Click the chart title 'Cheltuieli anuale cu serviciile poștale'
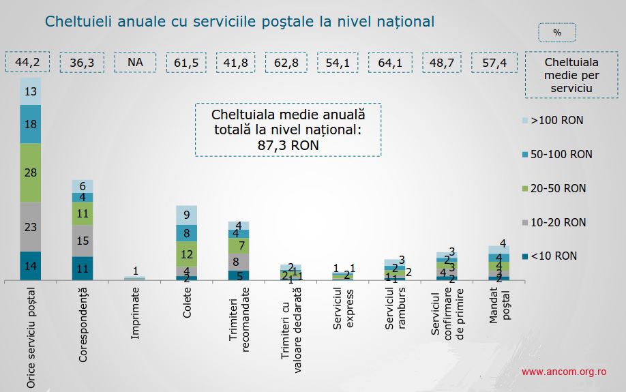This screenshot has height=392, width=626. tap(239, 21)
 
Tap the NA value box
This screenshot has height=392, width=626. tap(135, 62)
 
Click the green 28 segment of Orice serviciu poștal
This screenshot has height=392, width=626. tap(30, 172)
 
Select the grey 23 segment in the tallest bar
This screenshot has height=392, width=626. tap(30, 227)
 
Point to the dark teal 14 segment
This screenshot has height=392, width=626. tap(30, 266)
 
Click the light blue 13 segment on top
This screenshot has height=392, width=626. tap(30, 91)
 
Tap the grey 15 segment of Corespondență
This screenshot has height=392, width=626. tap(82, 241)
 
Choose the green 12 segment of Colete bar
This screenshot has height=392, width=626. tap(186, 254)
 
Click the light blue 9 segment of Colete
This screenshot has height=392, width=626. tap(186, 215)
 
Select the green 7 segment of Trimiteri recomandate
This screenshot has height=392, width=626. tap(238, 245)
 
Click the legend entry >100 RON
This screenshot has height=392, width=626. tap(556, 121)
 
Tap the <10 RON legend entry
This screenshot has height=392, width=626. tap(553, 256)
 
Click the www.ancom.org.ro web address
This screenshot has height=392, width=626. tap(564, 372)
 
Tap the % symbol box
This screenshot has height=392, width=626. tap(557, 32)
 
